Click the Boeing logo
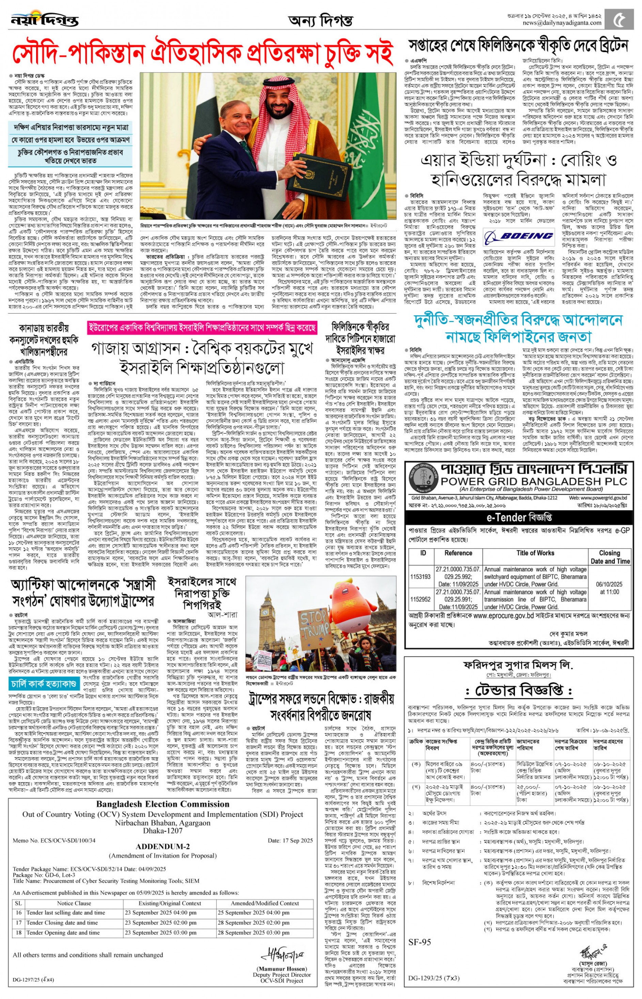519,237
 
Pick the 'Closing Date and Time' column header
610,557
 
